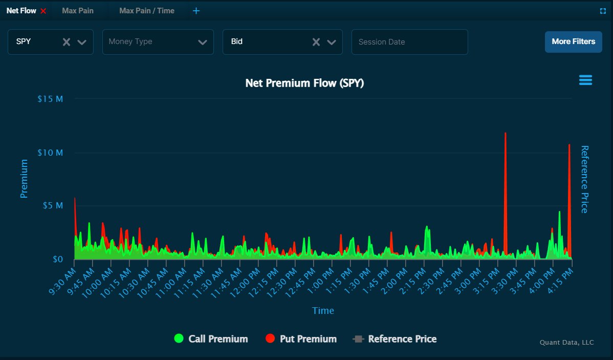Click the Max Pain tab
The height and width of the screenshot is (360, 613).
[78, 11]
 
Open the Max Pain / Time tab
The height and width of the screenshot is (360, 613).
[147, 11]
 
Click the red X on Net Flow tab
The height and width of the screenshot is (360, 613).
[43, 11]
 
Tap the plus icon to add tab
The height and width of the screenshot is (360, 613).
[196, 11]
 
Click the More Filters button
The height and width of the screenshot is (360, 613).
[573, 41]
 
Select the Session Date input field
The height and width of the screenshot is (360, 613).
[409, 42]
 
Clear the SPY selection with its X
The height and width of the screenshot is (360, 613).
[67, 42]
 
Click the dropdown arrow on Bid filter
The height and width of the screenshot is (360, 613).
[332, 42]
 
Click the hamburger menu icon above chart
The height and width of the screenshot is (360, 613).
[585, 80]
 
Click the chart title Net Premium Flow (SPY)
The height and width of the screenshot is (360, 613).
[304, 83]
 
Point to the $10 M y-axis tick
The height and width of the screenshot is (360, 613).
[51, 153]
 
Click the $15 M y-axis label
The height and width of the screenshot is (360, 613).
[51, 98]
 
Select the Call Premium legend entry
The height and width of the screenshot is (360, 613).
[211, 338]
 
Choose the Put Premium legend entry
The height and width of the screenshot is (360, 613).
[301, 338]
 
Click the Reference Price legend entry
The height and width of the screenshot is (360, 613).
[395, 338]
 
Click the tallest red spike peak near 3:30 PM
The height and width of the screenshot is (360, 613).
[506, 134]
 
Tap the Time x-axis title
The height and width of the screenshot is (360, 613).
[323, 310]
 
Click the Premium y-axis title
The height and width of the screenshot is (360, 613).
[24, 178]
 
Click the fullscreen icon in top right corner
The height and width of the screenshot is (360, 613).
[603, 11]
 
